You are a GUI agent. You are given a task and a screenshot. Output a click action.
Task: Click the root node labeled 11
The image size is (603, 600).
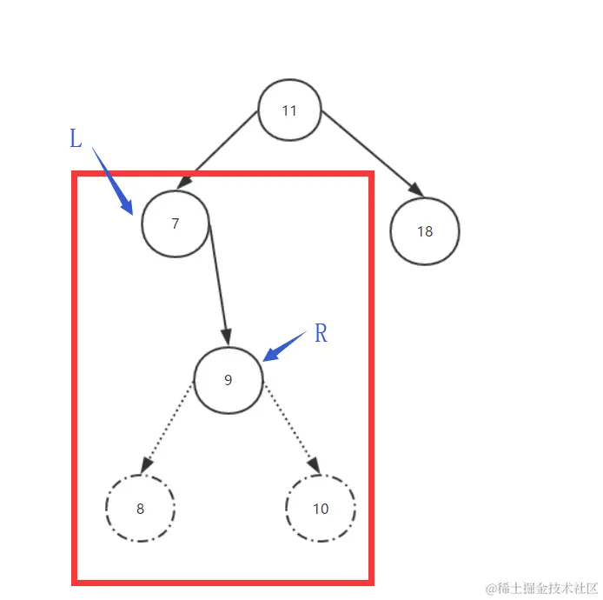[289, 110]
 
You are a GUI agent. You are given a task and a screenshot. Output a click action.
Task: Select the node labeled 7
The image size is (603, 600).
[176, 223]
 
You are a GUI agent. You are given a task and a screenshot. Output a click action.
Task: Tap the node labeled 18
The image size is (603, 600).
[424, 231]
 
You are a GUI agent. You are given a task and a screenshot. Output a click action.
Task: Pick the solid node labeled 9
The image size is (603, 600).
[228, 380]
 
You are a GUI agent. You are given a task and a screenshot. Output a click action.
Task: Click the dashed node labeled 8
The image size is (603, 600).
[140, 509]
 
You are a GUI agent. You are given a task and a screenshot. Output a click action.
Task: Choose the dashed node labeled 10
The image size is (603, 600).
[320, 509]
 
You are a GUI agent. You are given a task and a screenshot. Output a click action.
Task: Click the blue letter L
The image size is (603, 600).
[76, 138]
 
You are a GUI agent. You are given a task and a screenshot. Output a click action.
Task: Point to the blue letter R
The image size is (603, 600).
[321, 333]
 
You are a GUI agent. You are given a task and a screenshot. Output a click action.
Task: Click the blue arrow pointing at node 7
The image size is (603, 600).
[113, 181]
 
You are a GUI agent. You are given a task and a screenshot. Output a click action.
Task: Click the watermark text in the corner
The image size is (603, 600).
[541, 588]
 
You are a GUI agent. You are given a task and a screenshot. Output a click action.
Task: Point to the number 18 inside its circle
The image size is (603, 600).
[424, 231]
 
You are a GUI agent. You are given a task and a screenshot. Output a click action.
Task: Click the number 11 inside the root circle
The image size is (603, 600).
[289, 110]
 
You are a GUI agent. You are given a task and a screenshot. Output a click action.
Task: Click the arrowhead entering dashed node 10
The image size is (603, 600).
[314, 468]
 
